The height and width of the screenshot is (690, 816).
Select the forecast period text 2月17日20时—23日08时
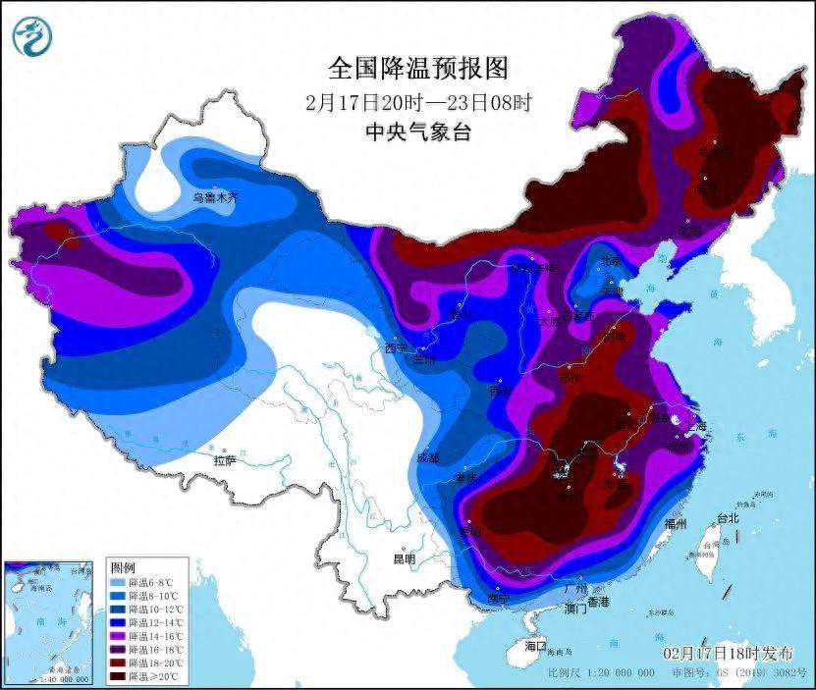coord(418,101)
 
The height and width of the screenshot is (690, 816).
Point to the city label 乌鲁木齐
coord(214,197)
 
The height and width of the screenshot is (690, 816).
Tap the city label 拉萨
coord(224,459)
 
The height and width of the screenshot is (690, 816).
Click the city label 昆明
coord(404,558)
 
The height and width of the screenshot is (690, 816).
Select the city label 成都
coord(428,457)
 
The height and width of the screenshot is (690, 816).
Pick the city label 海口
coord(535,647)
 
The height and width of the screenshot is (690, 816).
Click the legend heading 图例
coord(122,569)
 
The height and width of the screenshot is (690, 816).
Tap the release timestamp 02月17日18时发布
coord(728,653)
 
